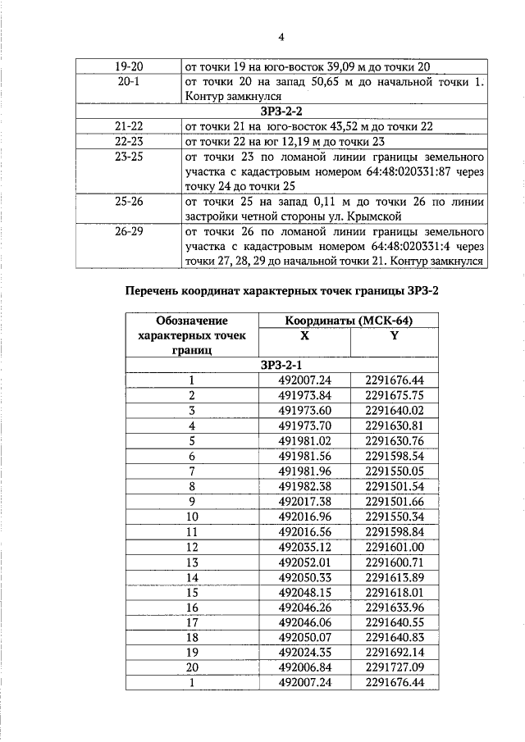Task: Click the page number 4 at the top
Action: (281, 37)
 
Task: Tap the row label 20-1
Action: (126, 82)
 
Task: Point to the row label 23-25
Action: (126, 155)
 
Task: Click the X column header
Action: (304, 336)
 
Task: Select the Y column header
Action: (395, 336)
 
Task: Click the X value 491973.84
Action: (304, 394)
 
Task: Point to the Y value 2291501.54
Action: (395, 485)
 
